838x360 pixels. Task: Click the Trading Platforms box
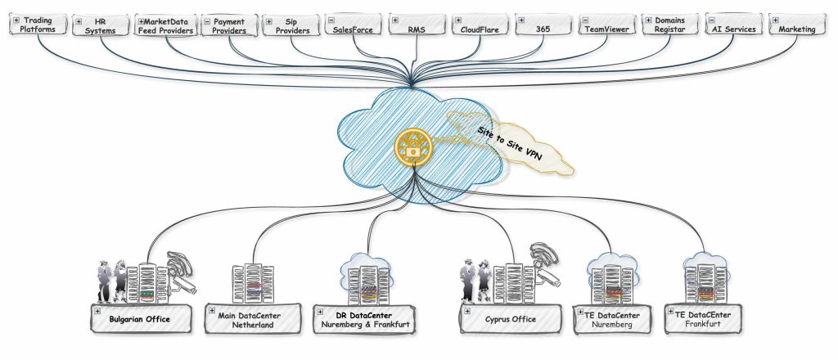(36, 25)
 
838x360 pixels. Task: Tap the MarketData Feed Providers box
(166, 25)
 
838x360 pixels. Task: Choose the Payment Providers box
(229, 25)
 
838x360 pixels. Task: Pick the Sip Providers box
(291, 25)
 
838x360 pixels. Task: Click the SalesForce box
(351, 25)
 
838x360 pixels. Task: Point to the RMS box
(417, 25)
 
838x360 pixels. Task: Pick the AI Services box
(734, 25)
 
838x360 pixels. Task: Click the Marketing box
(797, 25)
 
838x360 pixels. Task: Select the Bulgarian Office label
(140, 319)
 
